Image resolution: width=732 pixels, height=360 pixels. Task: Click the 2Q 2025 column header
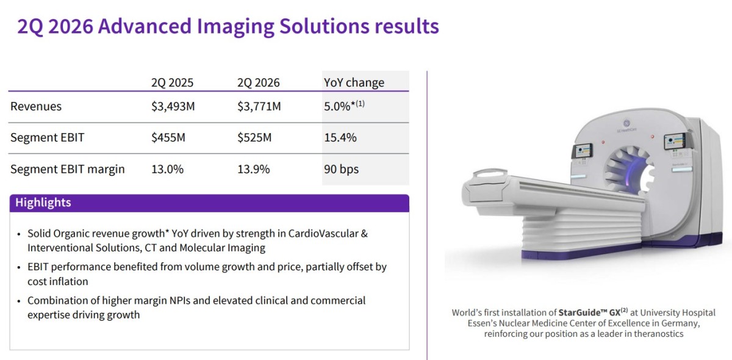(x=172, y=82)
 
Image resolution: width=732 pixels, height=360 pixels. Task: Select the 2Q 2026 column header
(x=259, y=82)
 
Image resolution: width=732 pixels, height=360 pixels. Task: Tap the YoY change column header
(x=354, y=82)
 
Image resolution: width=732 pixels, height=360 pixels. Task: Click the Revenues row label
(x=36, y=106)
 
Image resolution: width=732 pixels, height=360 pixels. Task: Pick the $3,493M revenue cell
(x=173, y=106)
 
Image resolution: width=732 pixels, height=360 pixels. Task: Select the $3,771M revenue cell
(x=259, y=106)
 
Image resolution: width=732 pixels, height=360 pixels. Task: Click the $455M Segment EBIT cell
(x=168, y=137)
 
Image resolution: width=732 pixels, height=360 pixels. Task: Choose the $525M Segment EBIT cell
(x=254, y=137)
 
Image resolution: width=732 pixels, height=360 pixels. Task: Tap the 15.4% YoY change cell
(x=340, y=137)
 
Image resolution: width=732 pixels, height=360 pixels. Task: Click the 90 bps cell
(x=341, y=169)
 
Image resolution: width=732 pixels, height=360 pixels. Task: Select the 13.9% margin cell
(x=254, y=169)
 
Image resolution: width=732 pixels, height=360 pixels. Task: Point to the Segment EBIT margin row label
(x=68, y=169)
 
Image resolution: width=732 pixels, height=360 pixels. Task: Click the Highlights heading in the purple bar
(x=43, y=203)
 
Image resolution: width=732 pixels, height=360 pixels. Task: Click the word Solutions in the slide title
(x=324, y=26)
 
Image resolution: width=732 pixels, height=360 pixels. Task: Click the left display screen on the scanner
(x=583, y=151)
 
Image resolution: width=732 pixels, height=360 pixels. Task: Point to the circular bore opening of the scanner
(x=629, y=170)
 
